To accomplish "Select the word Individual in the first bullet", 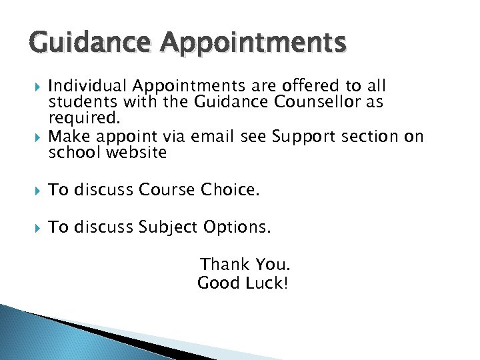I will pyautogui.click(x=88, y=87).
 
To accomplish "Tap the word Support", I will pyautogui.click(x=305, y=137).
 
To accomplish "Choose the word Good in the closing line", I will pyautogui.click(x=218, y=283).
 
